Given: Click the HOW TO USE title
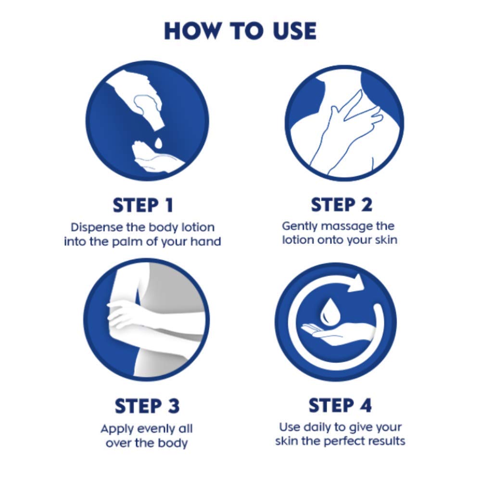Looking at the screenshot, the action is coord(240,31).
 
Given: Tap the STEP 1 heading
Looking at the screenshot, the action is coord(143,205).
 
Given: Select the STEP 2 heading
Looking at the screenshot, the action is coord(342,204).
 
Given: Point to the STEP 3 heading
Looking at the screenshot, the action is coord(147,406).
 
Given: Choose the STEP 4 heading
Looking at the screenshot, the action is coord(340,405).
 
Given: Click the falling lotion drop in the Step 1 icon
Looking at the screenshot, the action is coord(158,143).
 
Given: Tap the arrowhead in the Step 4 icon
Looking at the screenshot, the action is coord(356,282).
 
